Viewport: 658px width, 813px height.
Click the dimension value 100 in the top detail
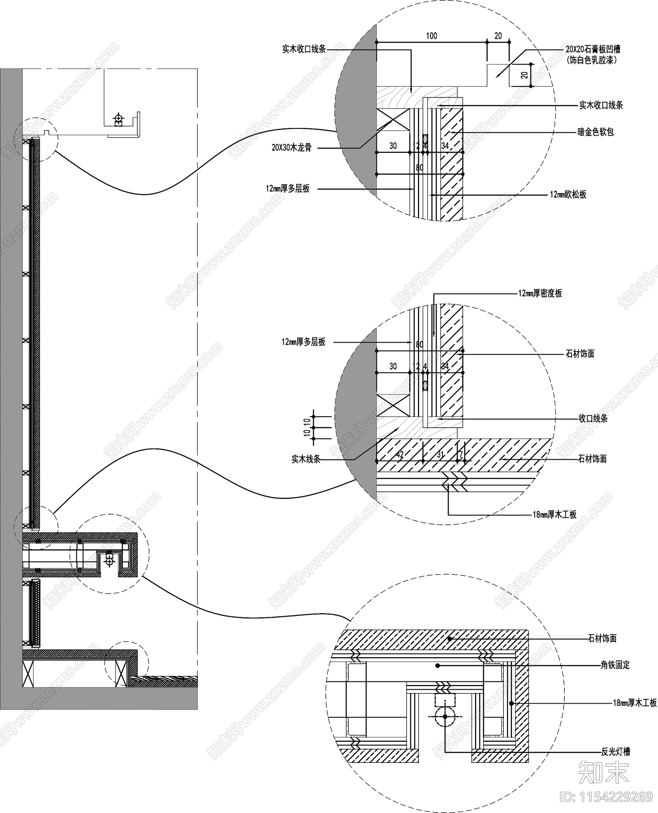pos(431,36)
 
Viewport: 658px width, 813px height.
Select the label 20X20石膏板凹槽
pos(593,50)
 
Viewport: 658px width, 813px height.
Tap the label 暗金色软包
pos(595,132)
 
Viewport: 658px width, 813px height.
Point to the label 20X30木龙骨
pos(292,147)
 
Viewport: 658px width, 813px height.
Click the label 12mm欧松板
pos(568,195)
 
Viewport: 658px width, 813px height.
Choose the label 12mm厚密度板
pos(540,294)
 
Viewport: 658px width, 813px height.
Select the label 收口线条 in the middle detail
pos(593,419)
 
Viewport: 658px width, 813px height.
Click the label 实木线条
pos(306,459)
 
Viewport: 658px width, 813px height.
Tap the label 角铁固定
pos(615,665)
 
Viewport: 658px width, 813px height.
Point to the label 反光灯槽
pos(616,752)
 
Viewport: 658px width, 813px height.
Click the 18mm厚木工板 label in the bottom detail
pos(635,703)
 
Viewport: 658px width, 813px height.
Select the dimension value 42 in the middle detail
pos(399,455)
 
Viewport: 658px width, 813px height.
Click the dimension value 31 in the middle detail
pos(440,455)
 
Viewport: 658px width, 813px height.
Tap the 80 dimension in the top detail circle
pos(419,168)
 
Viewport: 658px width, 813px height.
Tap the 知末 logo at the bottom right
pos(604,771)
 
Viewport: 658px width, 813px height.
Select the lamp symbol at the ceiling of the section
pos(118,119)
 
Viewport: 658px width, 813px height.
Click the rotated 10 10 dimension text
pos(307,427)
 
